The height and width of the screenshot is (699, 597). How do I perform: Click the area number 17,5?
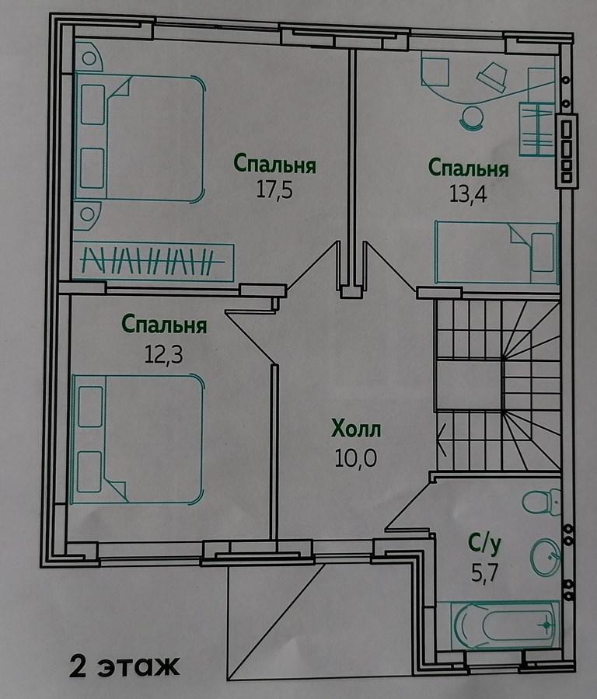click(x=274, y=190)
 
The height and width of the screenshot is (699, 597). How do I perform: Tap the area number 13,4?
click(x=468, y=194)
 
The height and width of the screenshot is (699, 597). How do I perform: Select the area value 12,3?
click(x=163, y=354)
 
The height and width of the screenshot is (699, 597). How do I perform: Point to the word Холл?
click(x=356, y=429)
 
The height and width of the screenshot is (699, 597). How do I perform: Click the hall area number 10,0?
click(x=355, y=457)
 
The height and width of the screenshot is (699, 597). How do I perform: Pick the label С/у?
click(x=484, y=544)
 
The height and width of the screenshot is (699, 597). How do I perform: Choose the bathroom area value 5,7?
click(x=484, y=573)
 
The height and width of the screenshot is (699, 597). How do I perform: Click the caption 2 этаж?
click(x=124, y=666)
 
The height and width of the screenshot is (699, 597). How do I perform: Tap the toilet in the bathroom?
click(x=542, y=502)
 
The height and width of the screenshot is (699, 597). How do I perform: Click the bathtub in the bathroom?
click(x=504, y=625)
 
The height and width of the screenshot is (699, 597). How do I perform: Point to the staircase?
click(x=497, y=385)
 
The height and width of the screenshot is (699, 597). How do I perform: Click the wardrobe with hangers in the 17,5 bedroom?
click(x=153, y=262)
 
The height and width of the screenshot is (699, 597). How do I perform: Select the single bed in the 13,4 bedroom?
click(x=497, y=252)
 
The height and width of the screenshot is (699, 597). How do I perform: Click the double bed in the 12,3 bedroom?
click(x=138, y=440)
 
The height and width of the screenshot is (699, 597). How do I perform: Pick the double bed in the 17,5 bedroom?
click(x=140, y=137)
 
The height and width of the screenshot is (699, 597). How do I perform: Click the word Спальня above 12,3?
click(x=164, y=325)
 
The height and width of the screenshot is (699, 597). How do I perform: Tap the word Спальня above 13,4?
click(x=468, y=169)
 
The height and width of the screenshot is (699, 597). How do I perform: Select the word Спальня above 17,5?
click(x=275, y=164)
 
